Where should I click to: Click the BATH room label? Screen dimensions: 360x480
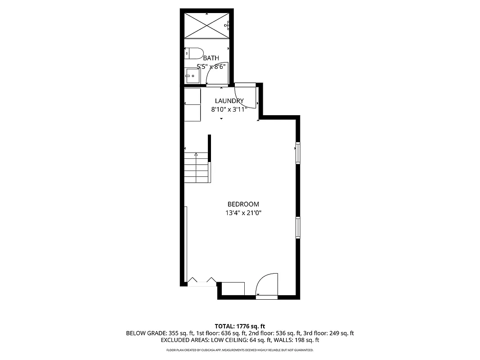click(x=211, y=58)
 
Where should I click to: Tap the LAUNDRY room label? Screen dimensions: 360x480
click(x=229, y=101)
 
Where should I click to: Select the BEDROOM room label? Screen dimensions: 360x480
click(x=243, y=204)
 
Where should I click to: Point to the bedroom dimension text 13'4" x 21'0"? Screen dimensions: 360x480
click(x=243, y=213)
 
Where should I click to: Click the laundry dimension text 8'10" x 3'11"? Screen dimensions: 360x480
click(x=229, y=109)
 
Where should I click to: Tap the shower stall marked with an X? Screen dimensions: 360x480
click(x=206, y=26)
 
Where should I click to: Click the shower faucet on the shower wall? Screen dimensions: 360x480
click(x=228, y=24)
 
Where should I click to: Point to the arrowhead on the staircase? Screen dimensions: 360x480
click(x=196, y=154)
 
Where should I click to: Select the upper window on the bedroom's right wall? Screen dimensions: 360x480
click(x=298, y=153)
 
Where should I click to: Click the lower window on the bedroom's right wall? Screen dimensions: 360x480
click(x=298, y=227)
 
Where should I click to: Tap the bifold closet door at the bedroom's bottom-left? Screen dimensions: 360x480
click(x=202, y=281)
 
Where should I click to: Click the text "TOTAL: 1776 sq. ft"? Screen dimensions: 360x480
click(x=240, y=326)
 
